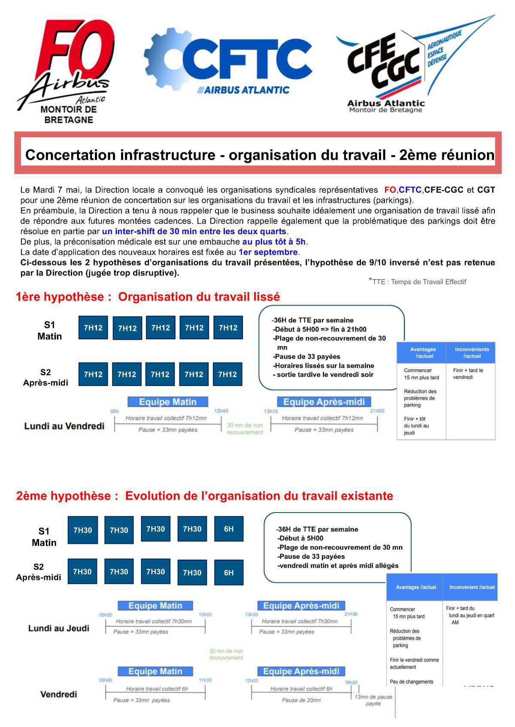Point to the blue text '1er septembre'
268,252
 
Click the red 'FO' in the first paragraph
390,190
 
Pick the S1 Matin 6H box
229,529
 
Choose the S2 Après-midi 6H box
229,573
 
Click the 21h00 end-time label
377,411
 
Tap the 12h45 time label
221,411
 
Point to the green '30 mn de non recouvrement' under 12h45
245,429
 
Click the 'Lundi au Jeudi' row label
59,628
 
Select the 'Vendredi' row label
58,694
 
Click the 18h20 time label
351,682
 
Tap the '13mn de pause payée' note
373,700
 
